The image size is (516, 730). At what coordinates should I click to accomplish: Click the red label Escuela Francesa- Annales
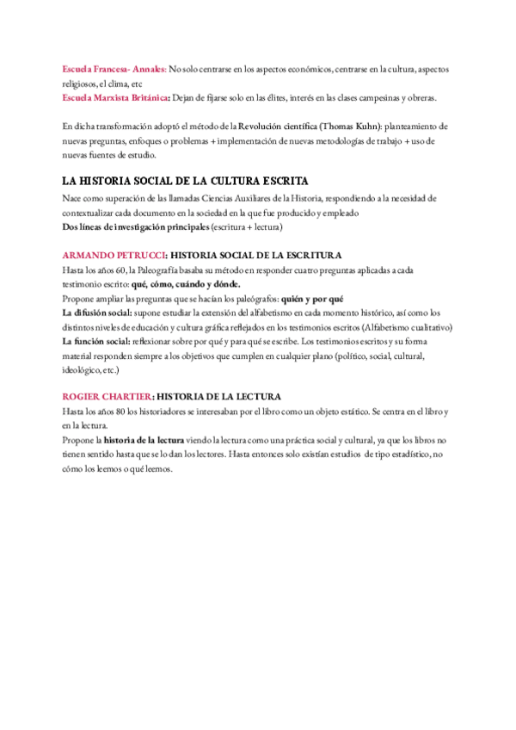pyautogui.click(x=114, y=69)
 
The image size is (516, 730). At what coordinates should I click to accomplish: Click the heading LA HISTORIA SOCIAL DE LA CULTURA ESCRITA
pyautogui.click(x=186, y=182)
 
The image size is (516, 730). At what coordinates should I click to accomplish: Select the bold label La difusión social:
pyautogui.click(x=97, y=313)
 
